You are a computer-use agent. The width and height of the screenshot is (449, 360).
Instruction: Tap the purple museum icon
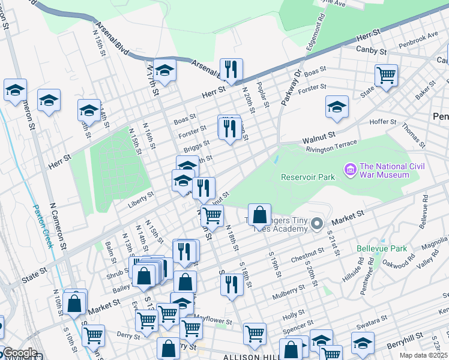(x=350, y=171)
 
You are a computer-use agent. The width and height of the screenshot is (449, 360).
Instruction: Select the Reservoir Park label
(x=309, y=176)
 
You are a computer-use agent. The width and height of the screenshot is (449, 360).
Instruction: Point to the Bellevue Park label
(x=381, y=248)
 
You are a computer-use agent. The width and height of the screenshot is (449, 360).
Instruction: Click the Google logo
(x=19, y=353)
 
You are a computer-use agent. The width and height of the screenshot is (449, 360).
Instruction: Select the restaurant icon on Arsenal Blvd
(x=231, y=70)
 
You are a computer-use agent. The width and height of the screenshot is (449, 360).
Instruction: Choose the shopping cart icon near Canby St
(x=386, y=76)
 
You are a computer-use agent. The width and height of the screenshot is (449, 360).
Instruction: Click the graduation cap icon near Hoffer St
(x=337, y=107)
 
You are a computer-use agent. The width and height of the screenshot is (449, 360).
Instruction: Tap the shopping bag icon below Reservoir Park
(x=259, y=214)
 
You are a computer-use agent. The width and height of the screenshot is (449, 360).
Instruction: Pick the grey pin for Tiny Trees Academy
(x=318, y=224)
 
